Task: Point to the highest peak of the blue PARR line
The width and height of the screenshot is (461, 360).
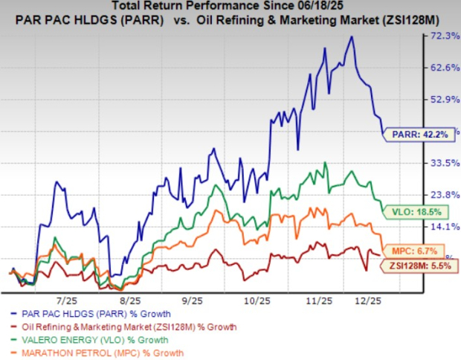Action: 351,37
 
